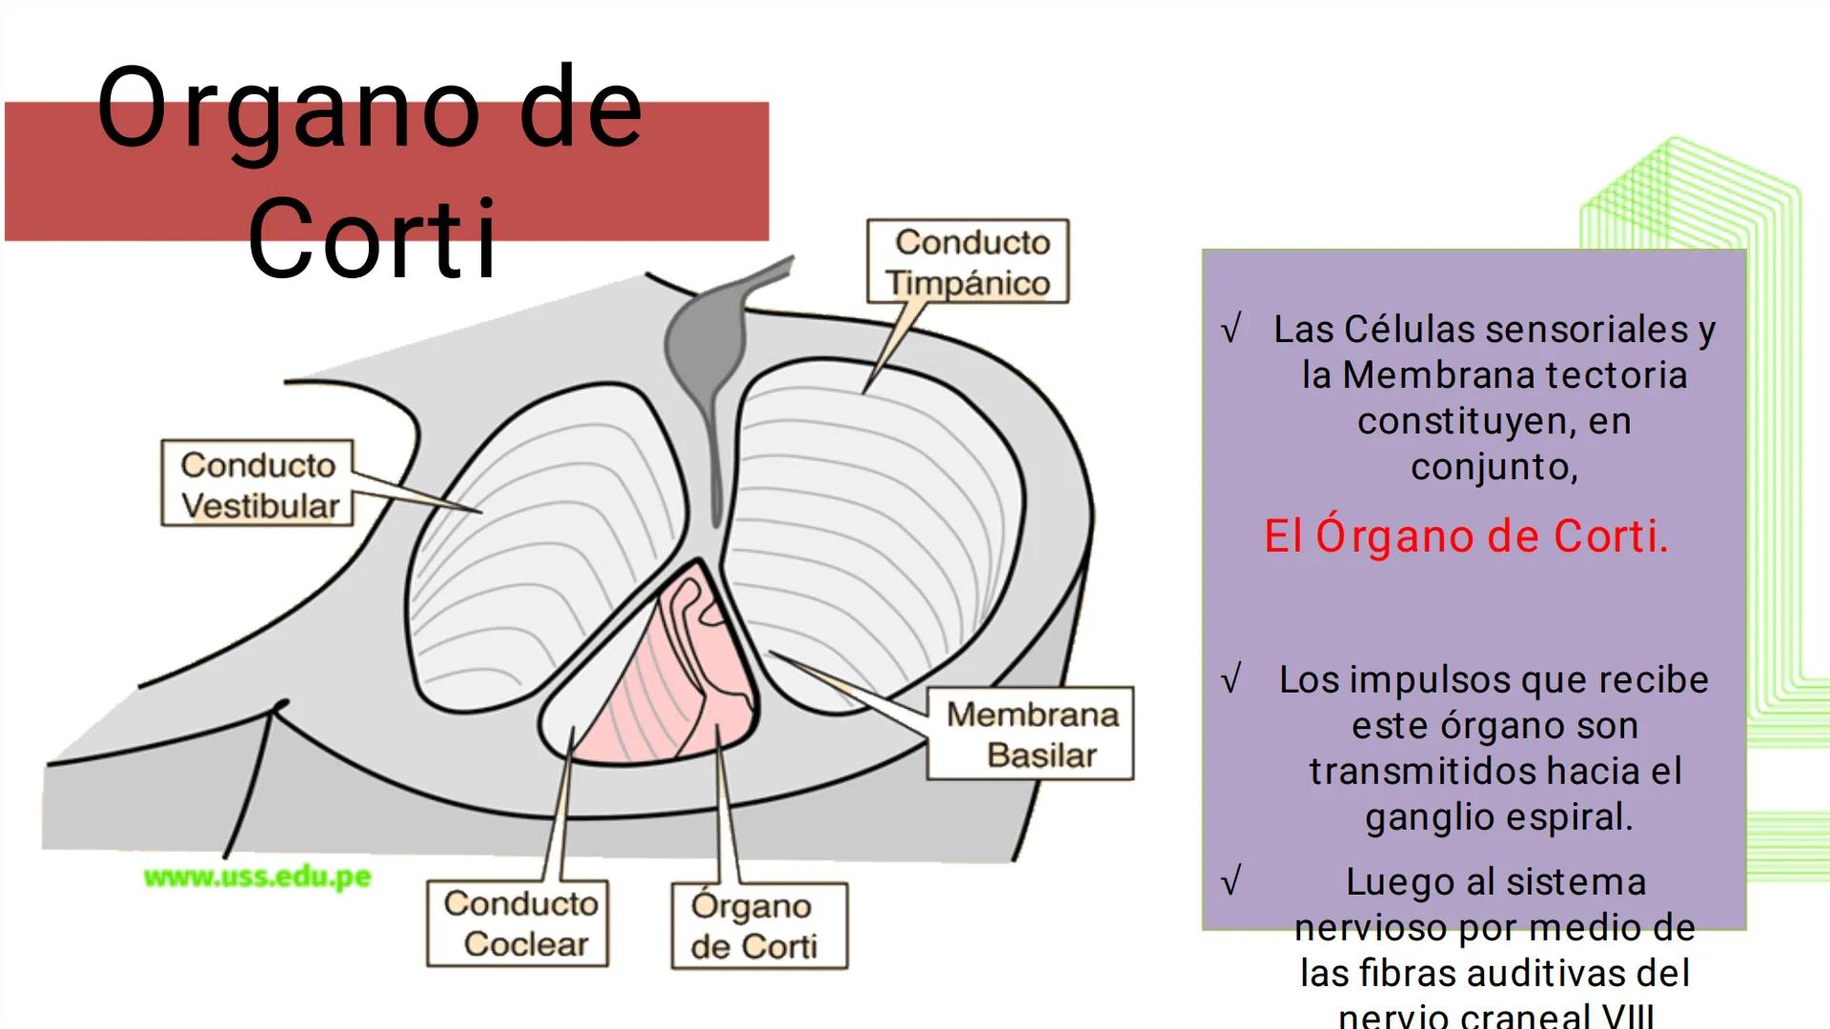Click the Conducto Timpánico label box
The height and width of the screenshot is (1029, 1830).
click(967, 262)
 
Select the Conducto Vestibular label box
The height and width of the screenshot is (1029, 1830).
click(257, 484)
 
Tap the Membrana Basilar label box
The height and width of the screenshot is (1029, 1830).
click(1031, 734)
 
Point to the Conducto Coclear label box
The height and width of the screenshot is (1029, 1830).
click(518, 923)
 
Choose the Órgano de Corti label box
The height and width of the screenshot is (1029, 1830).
click(759, 926)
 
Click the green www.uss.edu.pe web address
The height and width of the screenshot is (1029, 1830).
click(257, 877)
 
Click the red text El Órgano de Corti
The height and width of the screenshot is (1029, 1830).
click(1466, 536)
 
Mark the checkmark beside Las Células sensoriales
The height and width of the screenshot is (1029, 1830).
click(1231, 330)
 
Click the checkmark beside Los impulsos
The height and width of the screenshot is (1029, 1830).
click(1231, 680)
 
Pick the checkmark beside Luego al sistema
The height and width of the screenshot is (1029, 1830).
click(1231, 881)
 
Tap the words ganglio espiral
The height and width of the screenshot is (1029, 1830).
click(1498, 817)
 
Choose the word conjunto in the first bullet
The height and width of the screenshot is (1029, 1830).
click(1493, 467)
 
